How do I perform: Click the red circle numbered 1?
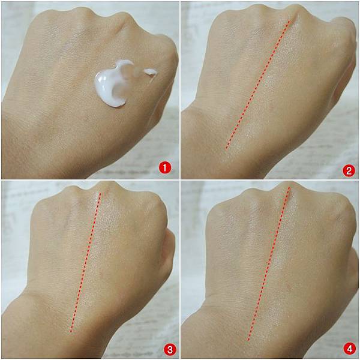tap(164, 168)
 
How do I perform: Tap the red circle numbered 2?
tap(349, 171)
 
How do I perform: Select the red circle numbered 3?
tap(170, 350)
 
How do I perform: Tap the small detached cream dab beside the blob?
tap(151, 72)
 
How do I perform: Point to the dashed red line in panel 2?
tap(257, 85)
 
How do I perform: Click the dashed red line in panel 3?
tap(85, 262)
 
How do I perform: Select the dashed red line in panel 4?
tap(269, 263)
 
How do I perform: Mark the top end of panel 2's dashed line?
tap(290, 20)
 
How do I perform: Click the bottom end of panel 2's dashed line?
tap(226, 149)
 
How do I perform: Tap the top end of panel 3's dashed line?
tap(100, 193)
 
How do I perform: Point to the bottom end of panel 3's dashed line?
tap(70, 332)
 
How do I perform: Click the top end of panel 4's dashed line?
tap(289, 187)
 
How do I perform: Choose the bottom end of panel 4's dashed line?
tap(248, 340)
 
